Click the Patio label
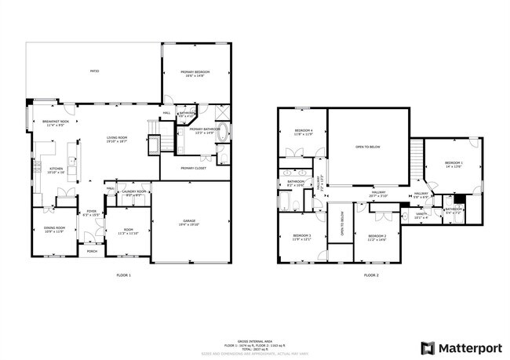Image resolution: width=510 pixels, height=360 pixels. pos(93,71)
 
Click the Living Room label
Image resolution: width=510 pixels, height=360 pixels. pos(117,140)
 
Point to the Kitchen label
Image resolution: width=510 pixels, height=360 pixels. pos(56,170)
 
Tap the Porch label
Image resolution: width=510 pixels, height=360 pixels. pos(92,252)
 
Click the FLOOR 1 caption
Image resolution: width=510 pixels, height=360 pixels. pos(123,275)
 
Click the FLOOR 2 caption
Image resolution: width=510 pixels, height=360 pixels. pos(371,275)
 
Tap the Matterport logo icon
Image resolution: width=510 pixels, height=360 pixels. pos(428,347)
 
